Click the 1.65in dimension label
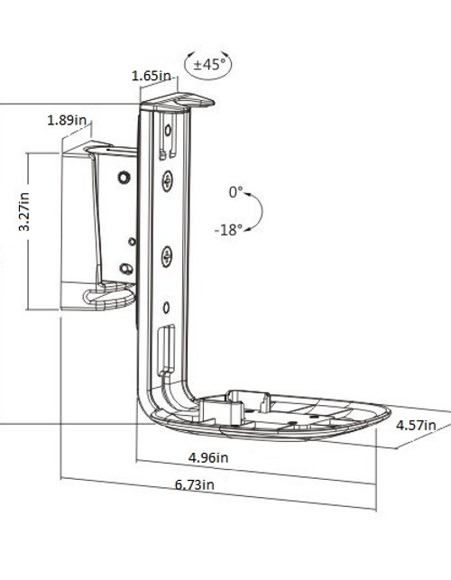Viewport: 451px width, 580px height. (152, 77)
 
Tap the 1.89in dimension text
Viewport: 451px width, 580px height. (68, 120)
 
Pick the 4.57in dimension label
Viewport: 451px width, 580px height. (416, 425)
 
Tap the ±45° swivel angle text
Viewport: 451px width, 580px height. (207, 64)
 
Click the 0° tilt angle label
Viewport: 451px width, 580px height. (235, 192)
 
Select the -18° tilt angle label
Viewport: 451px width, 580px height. (228, 230)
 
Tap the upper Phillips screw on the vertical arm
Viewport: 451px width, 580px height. (167, 183)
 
